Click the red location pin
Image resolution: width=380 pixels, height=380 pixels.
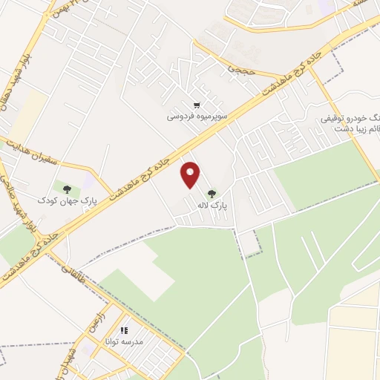(x=191, y=174)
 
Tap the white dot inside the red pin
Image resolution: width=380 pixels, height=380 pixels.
(x=191, y=172)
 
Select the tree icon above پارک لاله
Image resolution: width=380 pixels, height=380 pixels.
(x=212, y=193)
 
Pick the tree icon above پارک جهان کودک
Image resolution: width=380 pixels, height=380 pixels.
(x=68, y=189)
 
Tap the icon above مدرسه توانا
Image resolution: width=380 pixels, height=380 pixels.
(x=123, y=330)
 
